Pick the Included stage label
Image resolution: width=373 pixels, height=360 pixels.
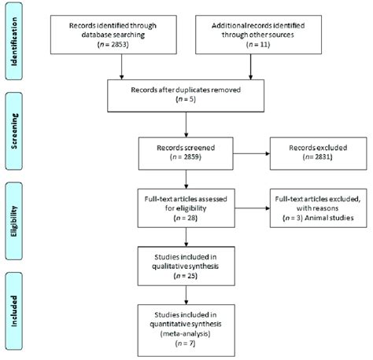(17, 307)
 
